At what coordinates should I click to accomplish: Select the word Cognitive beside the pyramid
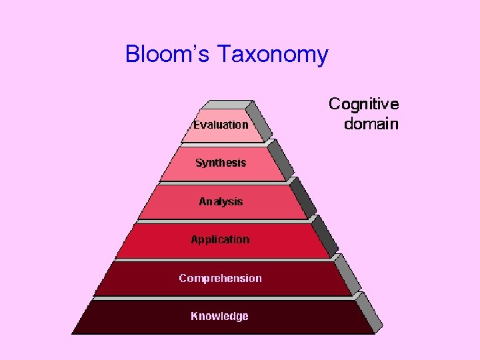pyautogui.click(x=363, y=105)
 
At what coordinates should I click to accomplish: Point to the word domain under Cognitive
pyautogui.click(x=371, y=124)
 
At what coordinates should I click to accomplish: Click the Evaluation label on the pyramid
pyautogui.click(x=221, y=125)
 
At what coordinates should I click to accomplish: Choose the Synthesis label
pyautogui.click(x=221, y=163)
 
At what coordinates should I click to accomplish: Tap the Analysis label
pyautogui.click(x=221, y=201)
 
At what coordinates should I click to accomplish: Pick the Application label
pyautogui.click(x=220, y=240)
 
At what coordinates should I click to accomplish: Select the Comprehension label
pyautogui.click(x=220, y=278)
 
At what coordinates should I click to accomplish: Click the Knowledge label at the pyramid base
pyautogui.click(x=219, y=316)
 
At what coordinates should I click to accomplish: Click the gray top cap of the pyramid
pyautogui.click(x=227, y=105)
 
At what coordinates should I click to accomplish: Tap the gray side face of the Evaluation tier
pyautogui.click(x=259, y=121)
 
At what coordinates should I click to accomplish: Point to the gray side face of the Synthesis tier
pyautogui.click(x=281, y=159)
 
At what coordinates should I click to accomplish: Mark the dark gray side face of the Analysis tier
pyautogui.click(x=303, y=197)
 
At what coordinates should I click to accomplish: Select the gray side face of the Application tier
pyautogui.click(x=325, y=235)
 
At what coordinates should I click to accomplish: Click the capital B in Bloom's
pyautogui.click(x=133, y=54)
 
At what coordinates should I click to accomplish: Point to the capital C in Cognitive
pyautogui.click(x=335, y=105)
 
